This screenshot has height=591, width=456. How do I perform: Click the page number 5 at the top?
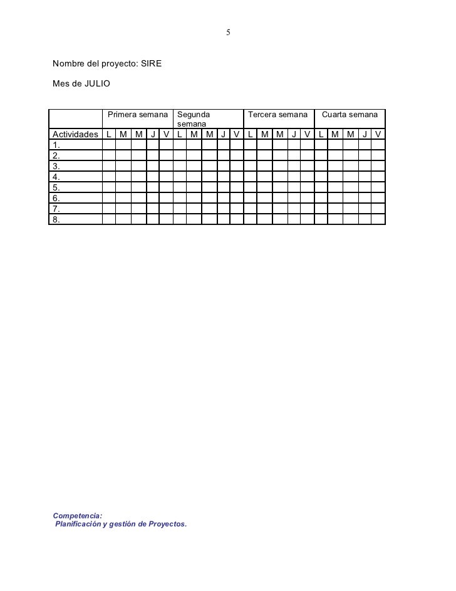(x=229, y=32)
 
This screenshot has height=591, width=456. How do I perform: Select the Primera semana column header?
(x=138, y=115)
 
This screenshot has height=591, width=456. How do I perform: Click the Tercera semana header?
(x=278, y=115)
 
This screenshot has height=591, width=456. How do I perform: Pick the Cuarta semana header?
(x=350, y=115)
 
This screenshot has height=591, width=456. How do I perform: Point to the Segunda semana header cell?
(x=194, y=120)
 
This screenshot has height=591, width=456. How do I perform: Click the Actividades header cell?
(x=75, y=135)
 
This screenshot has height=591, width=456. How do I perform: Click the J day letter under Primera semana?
(x=153, y=135)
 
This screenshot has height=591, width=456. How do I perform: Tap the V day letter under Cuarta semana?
(x=378, y=135)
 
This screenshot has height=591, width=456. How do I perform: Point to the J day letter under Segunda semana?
(x=224, y=135)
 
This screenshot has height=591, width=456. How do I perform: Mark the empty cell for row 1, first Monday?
(x=108, y=145)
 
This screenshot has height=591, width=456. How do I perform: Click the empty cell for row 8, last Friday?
(x=378, y=219)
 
